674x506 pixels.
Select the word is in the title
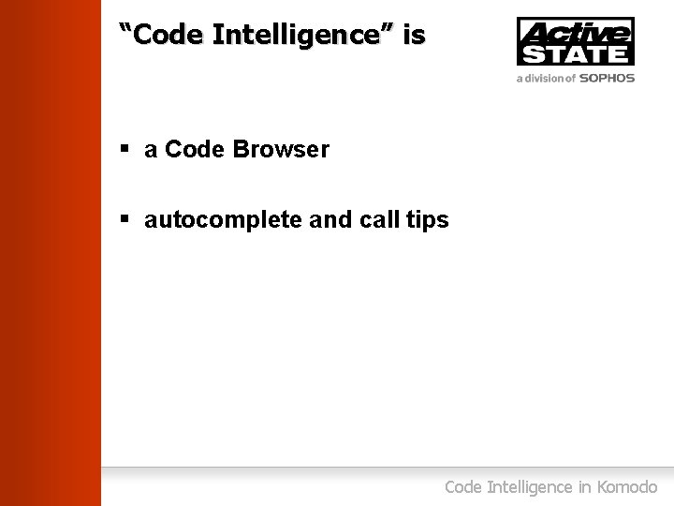(414, 36)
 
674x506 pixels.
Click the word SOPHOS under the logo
(607, 79)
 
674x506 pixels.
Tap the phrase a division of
(546, 79)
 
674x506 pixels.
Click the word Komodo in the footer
(626, 487)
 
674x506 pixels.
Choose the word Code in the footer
(463, 487)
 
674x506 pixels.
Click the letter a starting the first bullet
(151, 151)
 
